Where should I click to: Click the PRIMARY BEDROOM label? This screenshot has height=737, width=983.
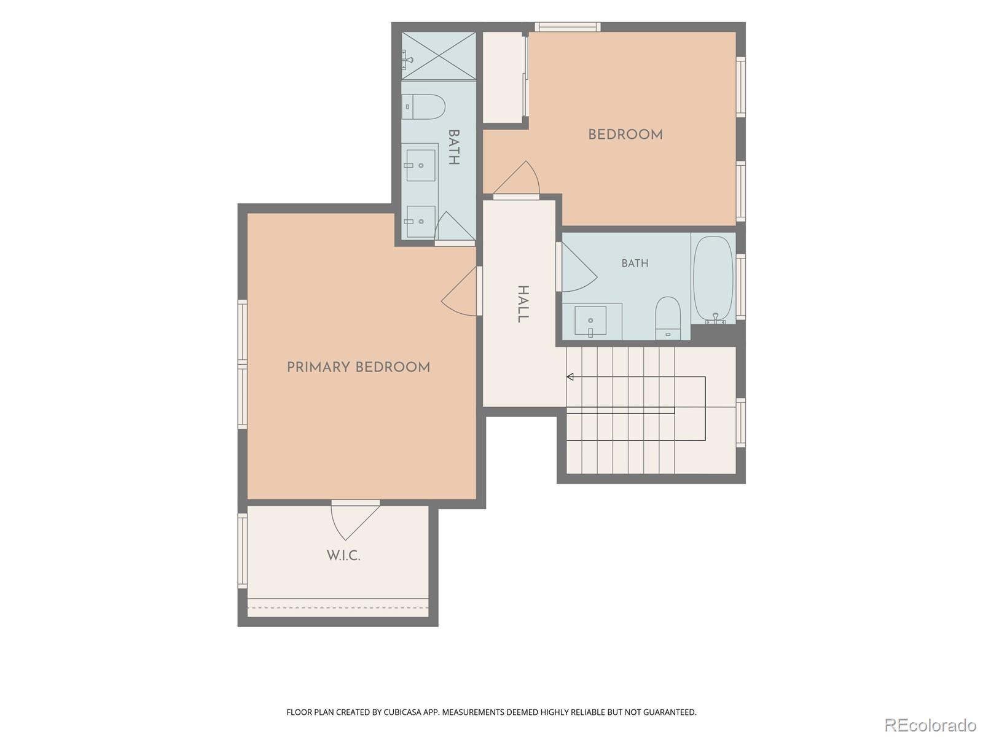pos(358,367)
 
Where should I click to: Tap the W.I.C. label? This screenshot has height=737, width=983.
pos(343,556)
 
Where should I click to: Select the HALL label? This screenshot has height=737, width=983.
pos(523,304)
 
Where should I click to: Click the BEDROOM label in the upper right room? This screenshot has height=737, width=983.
pos(625,135)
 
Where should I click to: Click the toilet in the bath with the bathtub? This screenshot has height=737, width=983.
pos(668,318)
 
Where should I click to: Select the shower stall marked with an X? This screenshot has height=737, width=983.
pos(439,56)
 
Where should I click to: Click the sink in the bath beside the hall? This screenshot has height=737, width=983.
pos(590,321)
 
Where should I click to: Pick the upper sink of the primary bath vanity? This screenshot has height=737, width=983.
pos(420,165)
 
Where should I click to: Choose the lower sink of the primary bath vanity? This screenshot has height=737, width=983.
pos(420,222)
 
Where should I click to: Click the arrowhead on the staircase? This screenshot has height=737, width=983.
pos(570,376)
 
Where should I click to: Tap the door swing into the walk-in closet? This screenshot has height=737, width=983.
pos(354,521)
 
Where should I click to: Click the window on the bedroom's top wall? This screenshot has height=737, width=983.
pos(568,27)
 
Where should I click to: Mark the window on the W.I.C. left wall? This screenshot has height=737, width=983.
pos(242,550)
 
